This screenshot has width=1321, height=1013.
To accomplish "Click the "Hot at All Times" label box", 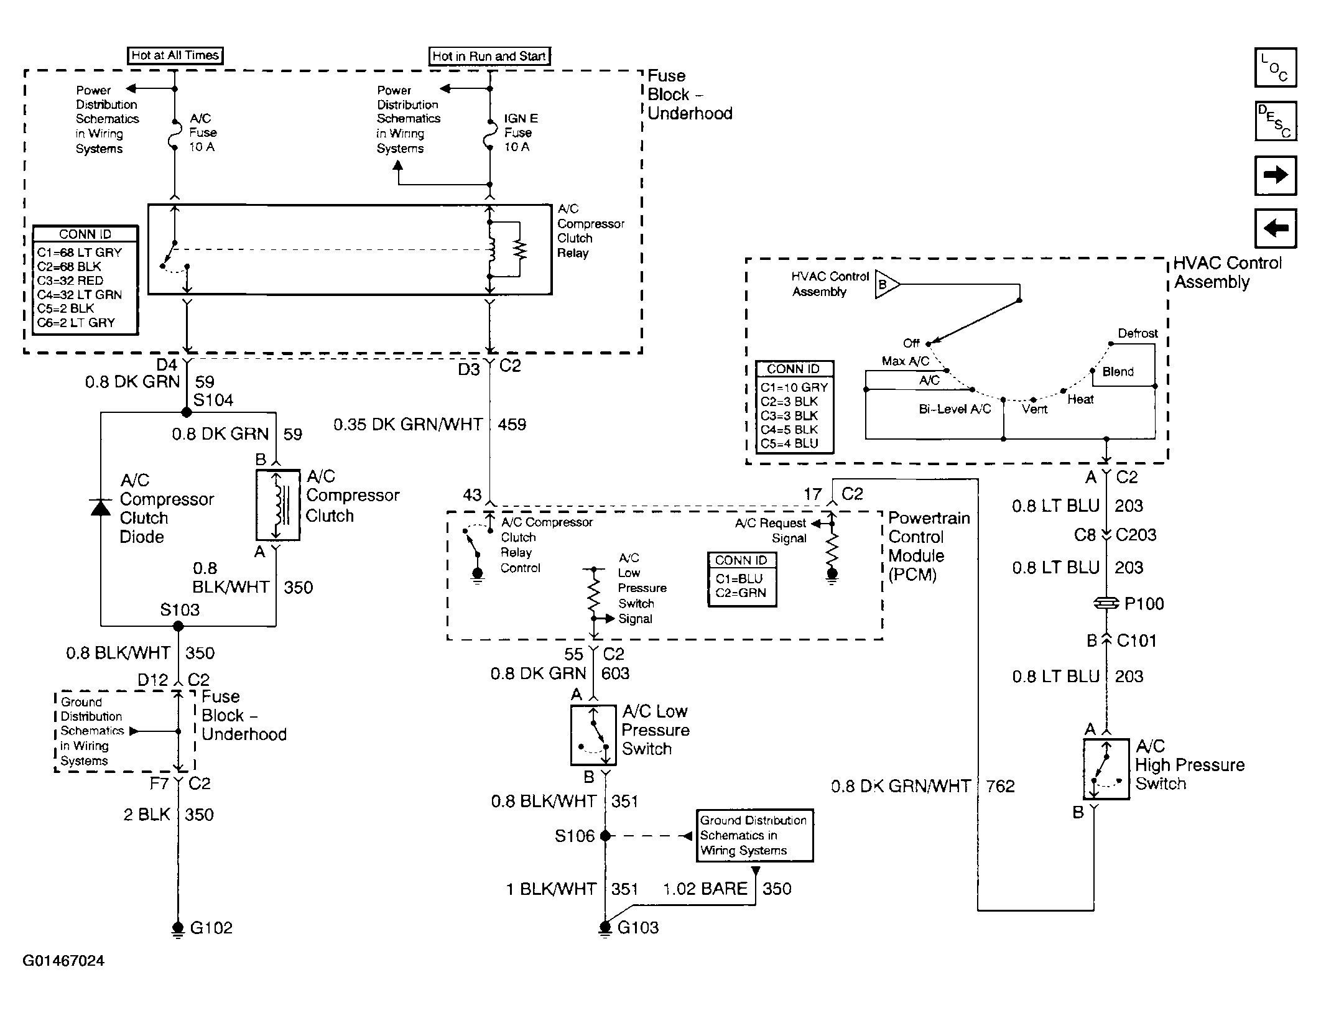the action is (175, 55).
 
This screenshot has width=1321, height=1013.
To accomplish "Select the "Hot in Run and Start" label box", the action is (490, 56).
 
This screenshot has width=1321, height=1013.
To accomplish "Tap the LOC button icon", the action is (1276, 67).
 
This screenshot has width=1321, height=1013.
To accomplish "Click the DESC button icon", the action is (1276, 121).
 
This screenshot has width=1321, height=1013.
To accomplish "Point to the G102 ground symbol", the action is (178, 928).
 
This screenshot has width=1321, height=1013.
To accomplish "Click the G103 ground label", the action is (638, 928).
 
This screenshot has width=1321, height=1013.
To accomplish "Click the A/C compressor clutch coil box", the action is (277, 505).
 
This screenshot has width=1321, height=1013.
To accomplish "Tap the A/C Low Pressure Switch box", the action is (593, 735).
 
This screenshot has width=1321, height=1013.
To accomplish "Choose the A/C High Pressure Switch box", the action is (1106, 769).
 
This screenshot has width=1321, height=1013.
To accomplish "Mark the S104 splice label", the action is (213, 400).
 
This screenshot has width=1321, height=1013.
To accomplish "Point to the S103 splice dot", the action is (178, 626).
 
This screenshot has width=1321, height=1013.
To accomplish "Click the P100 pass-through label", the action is (1144, 603).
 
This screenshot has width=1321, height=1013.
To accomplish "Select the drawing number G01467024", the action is (63, 961).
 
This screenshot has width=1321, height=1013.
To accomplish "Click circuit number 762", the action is (1000, 786).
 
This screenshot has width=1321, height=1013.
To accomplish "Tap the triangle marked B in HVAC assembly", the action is (886, 285).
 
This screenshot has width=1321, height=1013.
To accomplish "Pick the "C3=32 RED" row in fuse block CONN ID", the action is (70, 280).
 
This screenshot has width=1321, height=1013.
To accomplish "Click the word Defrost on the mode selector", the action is (1138, 333).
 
